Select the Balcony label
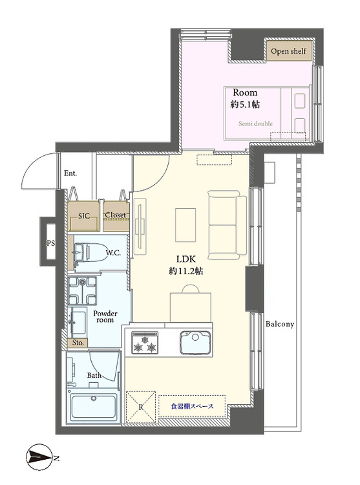280,324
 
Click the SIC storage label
84,215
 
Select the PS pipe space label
48,243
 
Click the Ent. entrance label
71,173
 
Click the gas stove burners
145,343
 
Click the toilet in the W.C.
87,253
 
